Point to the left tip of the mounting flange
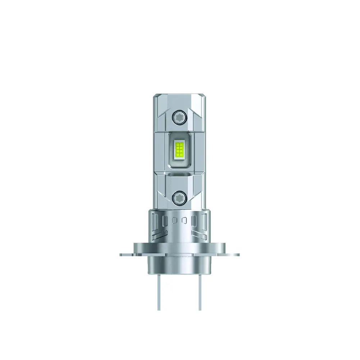121,254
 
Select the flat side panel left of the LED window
160,151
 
